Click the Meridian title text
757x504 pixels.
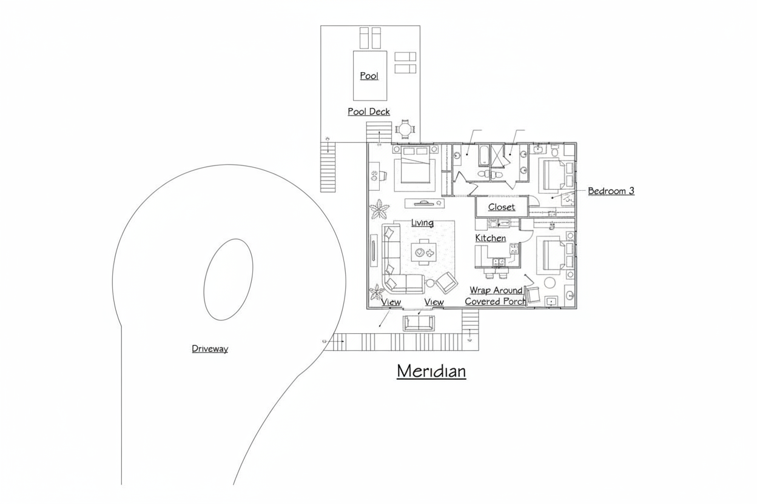[x=431, y=371]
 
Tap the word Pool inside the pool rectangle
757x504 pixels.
[x=369, y=76]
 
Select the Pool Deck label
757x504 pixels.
[x=369, y=111]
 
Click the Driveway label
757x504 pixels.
[x=210, y=349]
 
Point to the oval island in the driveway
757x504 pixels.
[x=228, y=279]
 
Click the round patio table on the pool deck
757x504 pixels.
[x=405, y=129]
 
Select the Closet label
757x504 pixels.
[x=502, y=207]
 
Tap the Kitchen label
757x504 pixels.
[x=490, y=238]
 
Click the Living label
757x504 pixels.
[x=422, y=223]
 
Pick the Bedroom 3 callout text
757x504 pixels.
[x=611, y=191]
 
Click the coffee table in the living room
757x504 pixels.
[x=423, y=252]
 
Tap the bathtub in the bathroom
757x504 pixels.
[x=484, y=156]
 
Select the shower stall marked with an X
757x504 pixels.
[x=497, y=155]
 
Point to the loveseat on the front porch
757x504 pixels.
[x=419, y=323]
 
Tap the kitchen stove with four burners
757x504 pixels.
[x=514, y=249]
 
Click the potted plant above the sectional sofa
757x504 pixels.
[x=378, y=210]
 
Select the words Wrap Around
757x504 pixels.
[x=496, y=290]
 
